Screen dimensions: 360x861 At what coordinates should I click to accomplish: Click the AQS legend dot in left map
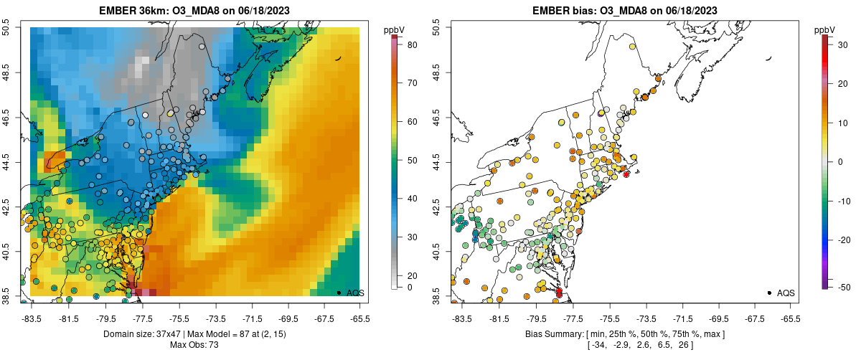tap(339, 293)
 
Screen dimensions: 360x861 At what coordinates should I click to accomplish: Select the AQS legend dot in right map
tap(768, 293)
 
